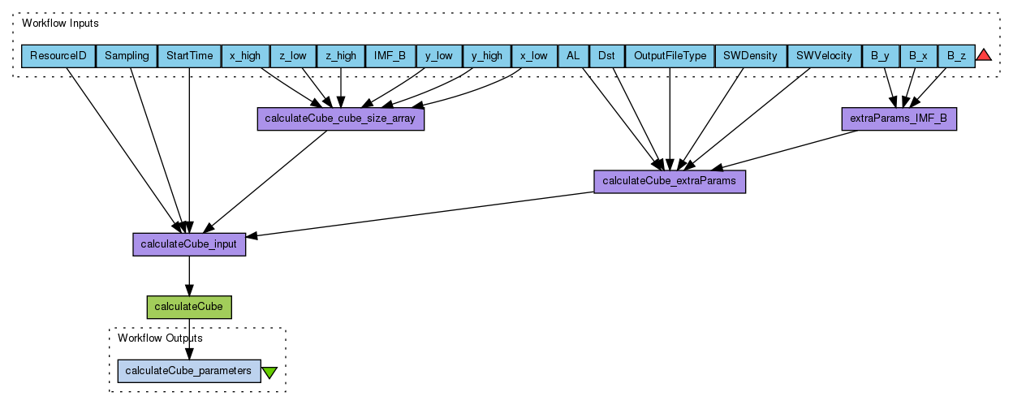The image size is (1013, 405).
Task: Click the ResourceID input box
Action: [58, 56]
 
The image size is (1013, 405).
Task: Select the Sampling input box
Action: [127, 56]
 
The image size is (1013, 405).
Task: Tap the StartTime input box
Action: [189, 56]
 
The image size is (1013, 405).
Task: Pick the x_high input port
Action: [245, 56]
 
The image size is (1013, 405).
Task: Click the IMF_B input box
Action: [390, 56]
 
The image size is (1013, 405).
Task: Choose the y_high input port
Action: [486, 56]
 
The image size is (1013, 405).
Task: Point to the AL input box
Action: [573, 56]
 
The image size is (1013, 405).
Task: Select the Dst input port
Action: [606, 56]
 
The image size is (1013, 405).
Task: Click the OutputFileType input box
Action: [669, 56]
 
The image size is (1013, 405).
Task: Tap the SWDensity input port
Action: [751, 56]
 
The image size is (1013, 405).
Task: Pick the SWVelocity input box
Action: [824, 56]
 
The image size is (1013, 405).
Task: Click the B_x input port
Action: [918, 56]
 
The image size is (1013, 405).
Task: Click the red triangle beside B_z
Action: [984, 55]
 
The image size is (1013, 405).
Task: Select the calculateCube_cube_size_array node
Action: [340, 118]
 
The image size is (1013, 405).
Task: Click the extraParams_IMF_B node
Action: [898, 118]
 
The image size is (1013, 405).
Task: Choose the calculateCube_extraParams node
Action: [670, 181]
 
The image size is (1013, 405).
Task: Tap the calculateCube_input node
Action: [189, 244]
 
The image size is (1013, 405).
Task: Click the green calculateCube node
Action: [189, 307]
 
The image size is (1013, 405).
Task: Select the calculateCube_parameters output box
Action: [189, 370]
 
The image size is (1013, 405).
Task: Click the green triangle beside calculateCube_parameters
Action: [269, 372]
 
